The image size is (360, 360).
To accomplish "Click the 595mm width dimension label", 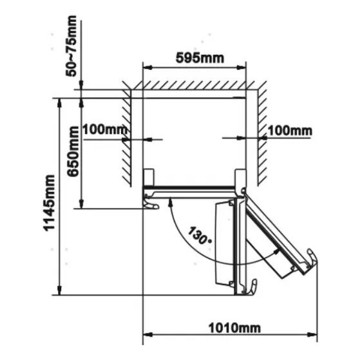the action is pos(200,58).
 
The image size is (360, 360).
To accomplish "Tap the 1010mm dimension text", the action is pos(234,328).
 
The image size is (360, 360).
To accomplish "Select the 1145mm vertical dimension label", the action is pos(50,203).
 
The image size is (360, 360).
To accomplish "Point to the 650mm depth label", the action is pos(73,151).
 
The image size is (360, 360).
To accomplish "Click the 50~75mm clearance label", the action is pos(71,46).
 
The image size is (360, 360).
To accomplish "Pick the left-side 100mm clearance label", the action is pos(105,129).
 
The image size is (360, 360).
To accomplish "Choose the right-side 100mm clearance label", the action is pos(290,131).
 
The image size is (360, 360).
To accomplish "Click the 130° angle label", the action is pos(200,236).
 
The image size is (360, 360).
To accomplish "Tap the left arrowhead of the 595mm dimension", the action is pos(147,68).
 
